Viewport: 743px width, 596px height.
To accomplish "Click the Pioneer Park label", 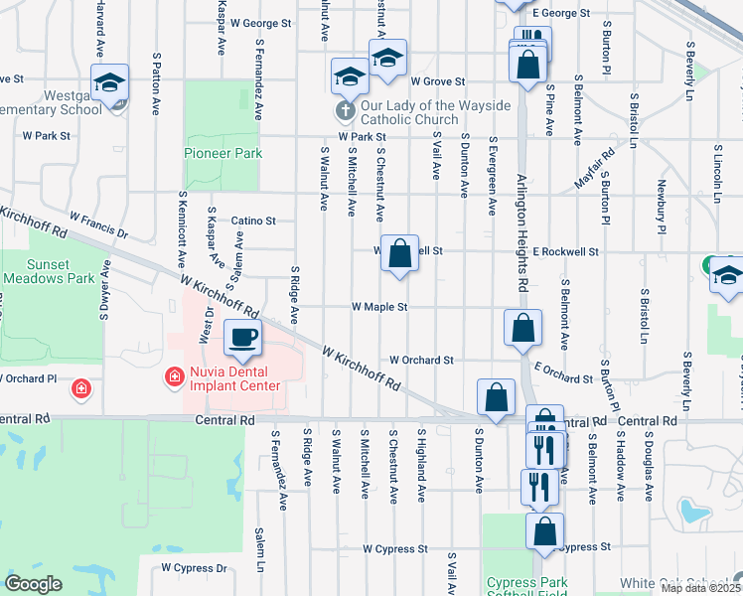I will point(223,153).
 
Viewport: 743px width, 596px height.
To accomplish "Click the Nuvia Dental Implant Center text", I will point(233,377).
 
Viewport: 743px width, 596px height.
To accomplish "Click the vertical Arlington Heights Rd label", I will point(523,232).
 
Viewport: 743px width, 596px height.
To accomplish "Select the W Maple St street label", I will point(379,308).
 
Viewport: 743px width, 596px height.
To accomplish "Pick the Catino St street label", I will point(253,222).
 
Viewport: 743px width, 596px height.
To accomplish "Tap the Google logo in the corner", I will point(34,583).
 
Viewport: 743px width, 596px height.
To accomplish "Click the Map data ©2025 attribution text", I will point(699,588).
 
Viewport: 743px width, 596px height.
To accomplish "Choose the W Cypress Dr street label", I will point(194,568).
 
